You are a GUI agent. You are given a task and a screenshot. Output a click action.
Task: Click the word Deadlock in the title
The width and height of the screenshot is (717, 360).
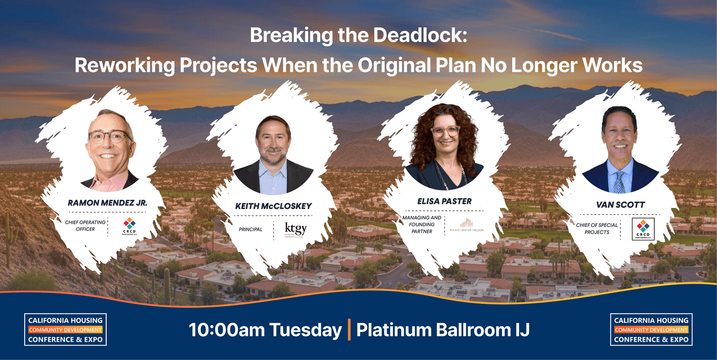tap(420, 35)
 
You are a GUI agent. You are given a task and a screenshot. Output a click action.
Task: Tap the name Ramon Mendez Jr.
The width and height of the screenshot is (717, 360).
tap(108, 203)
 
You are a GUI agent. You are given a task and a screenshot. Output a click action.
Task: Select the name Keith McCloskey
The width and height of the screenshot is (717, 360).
tap(273, 206)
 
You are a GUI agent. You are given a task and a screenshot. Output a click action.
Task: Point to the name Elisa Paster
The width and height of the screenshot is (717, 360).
tap(444, 202)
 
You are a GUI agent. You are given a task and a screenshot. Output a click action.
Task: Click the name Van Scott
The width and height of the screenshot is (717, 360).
tap(620, 205)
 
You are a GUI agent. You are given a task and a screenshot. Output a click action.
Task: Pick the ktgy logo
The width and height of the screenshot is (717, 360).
tap(295, 229)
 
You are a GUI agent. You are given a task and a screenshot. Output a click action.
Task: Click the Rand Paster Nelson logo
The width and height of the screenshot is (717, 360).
tap(466, 225)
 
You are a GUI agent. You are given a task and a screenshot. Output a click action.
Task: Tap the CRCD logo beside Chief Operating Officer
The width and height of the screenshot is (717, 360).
tap(130, 226)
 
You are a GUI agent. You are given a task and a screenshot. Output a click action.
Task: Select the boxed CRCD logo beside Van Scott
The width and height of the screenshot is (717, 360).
tap(643, 229)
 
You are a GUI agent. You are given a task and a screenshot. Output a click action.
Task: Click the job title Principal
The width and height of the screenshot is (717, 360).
tap(251, 230)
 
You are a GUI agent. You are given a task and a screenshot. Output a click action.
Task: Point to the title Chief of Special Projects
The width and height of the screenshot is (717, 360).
tap(596, 229)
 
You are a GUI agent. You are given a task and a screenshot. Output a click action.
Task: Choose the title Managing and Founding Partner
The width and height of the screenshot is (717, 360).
tap(422, 225)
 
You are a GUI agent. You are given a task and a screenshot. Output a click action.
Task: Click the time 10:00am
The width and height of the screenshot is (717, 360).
tap(226, 330)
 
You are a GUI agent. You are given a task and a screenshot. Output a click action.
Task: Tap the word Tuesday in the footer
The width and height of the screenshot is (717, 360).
tap(306, 330)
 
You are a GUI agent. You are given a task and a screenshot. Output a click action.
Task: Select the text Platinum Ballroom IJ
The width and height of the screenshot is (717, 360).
tap(443, 330)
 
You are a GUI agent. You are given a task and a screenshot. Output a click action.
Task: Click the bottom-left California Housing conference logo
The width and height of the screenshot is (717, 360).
tap(65, 330)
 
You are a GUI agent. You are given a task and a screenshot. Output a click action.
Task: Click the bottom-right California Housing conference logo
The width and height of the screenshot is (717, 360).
tap(651, 330)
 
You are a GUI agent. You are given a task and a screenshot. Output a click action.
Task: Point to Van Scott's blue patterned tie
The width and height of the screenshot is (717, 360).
tap(620, 182)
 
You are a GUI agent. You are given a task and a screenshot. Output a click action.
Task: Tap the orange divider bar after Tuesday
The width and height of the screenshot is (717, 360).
tap(349, 330)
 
